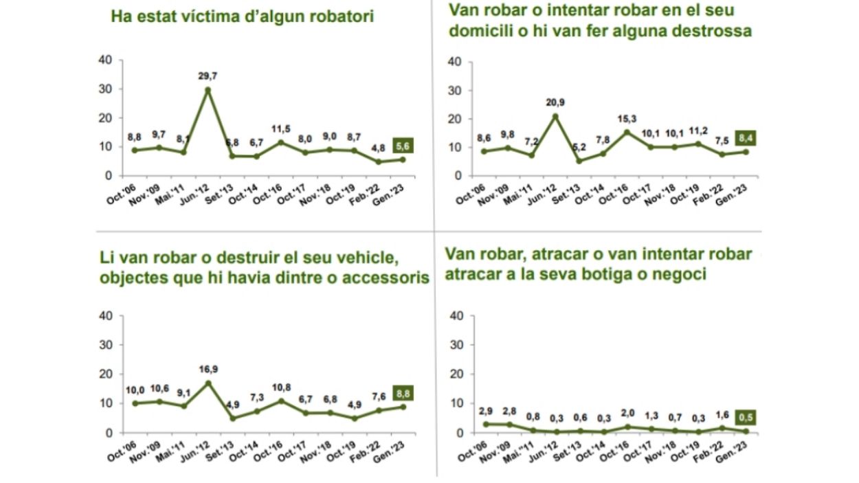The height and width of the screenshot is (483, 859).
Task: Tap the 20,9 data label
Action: [555, 102]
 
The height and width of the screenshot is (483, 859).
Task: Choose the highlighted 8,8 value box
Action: [403, 394]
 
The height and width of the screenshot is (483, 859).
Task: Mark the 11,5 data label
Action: [280, 128]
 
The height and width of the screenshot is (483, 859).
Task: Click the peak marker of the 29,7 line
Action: [208, 89]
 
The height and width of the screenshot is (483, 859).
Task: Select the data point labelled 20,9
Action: [555, 115]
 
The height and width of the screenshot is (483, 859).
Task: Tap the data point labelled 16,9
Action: [208, 383]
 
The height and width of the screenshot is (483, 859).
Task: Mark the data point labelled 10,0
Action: [135, 403]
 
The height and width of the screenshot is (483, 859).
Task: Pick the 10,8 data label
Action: [280, 386]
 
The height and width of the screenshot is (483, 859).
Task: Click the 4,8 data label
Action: [377, 148]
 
